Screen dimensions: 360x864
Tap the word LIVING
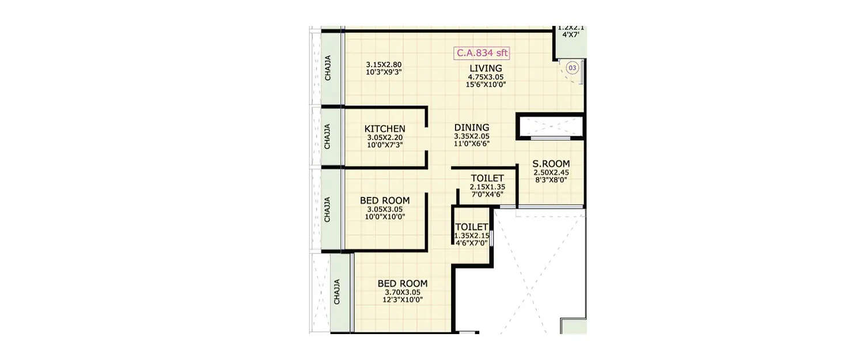(x=486, y=69)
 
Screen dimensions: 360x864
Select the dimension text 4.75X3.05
(x=486, y=77)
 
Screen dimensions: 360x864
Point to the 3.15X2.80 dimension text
(x=382, y=65)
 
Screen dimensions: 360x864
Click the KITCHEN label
(x=385, y=129)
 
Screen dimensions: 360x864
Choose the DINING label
(x=471, y=128)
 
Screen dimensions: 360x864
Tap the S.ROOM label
(x=551, y=165)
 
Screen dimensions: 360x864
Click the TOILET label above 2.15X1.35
(x=487, y=179)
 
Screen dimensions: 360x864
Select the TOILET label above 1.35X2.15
(x=471, y=228)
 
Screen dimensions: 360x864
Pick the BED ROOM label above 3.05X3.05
(x=385, y=201)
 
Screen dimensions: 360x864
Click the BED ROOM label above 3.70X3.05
(x=403, y=283)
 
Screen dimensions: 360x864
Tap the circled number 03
(x=572, y=68)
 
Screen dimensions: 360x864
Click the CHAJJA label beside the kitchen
(x=327, y=136)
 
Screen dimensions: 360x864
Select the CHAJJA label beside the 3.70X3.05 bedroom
(x=337, y=292)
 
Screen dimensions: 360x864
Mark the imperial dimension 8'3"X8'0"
(x=550, y=180)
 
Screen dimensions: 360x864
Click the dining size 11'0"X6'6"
(x=471, y=144)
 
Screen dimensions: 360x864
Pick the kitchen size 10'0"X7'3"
(x=385, y=145)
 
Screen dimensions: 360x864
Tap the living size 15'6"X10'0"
(x=486, y=85)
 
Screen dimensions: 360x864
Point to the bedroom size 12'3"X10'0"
(x=403, y=300)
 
